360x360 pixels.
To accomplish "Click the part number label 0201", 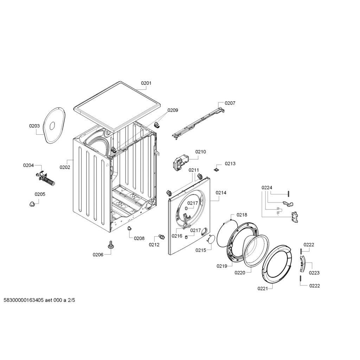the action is click(x=146, y=83).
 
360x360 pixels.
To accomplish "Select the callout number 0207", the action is click(x=230, y=103).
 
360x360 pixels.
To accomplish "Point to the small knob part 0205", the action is click(x=32, y=204).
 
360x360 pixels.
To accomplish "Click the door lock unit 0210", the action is click(x=181, y=161).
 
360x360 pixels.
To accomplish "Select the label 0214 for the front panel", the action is click(x=221, y=193).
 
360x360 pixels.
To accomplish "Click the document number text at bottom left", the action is click(x=39, y=300).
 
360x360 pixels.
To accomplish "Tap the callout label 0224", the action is click(x=267, y=188).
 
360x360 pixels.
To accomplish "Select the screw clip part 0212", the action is click(x=162, y=237).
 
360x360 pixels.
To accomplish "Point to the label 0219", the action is click(x=222, y=266).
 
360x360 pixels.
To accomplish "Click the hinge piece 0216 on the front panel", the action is click(x=186, y=221).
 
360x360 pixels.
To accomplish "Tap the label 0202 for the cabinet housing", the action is click(x=65, y=167).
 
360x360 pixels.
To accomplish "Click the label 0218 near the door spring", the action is click(x=242, y=215).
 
